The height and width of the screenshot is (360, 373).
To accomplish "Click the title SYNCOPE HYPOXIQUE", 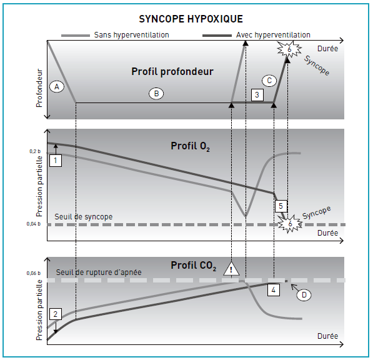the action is [x=191, y=19].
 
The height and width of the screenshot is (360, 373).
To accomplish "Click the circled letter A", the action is [x=57, y=87].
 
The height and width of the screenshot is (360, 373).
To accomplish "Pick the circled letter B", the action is [x=156, y=94].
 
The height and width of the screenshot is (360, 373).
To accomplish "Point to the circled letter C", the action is [x=269, y=81].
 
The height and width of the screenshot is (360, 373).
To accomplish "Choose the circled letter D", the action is [x=304, y=295].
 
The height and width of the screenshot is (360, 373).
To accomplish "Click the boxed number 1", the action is [x=56, y=161].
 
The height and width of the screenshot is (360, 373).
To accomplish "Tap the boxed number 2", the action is [x=56, y=314].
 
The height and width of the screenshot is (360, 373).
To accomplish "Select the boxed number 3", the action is [x=257, y=95].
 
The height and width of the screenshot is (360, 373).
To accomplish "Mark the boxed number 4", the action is [x=273, y=290].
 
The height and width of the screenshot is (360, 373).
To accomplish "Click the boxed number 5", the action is [x=281, y=206].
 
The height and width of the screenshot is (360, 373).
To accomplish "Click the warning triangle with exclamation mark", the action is [x=231, y=269].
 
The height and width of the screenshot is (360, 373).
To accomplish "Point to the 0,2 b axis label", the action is [x=35, y=151].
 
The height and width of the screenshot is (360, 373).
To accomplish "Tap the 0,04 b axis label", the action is [x=34, y=224].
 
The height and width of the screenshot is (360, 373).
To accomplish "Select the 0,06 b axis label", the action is [x=34, y=273].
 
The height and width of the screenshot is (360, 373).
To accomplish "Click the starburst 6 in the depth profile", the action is [x=289, y=49].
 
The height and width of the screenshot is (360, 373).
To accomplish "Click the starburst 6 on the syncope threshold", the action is [x=290, y=224].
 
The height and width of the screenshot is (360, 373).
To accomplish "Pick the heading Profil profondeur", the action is [x=172, y=72].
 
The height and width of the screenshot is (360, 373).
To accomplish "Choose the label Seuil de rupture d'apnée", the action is [x=99, y=272].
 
